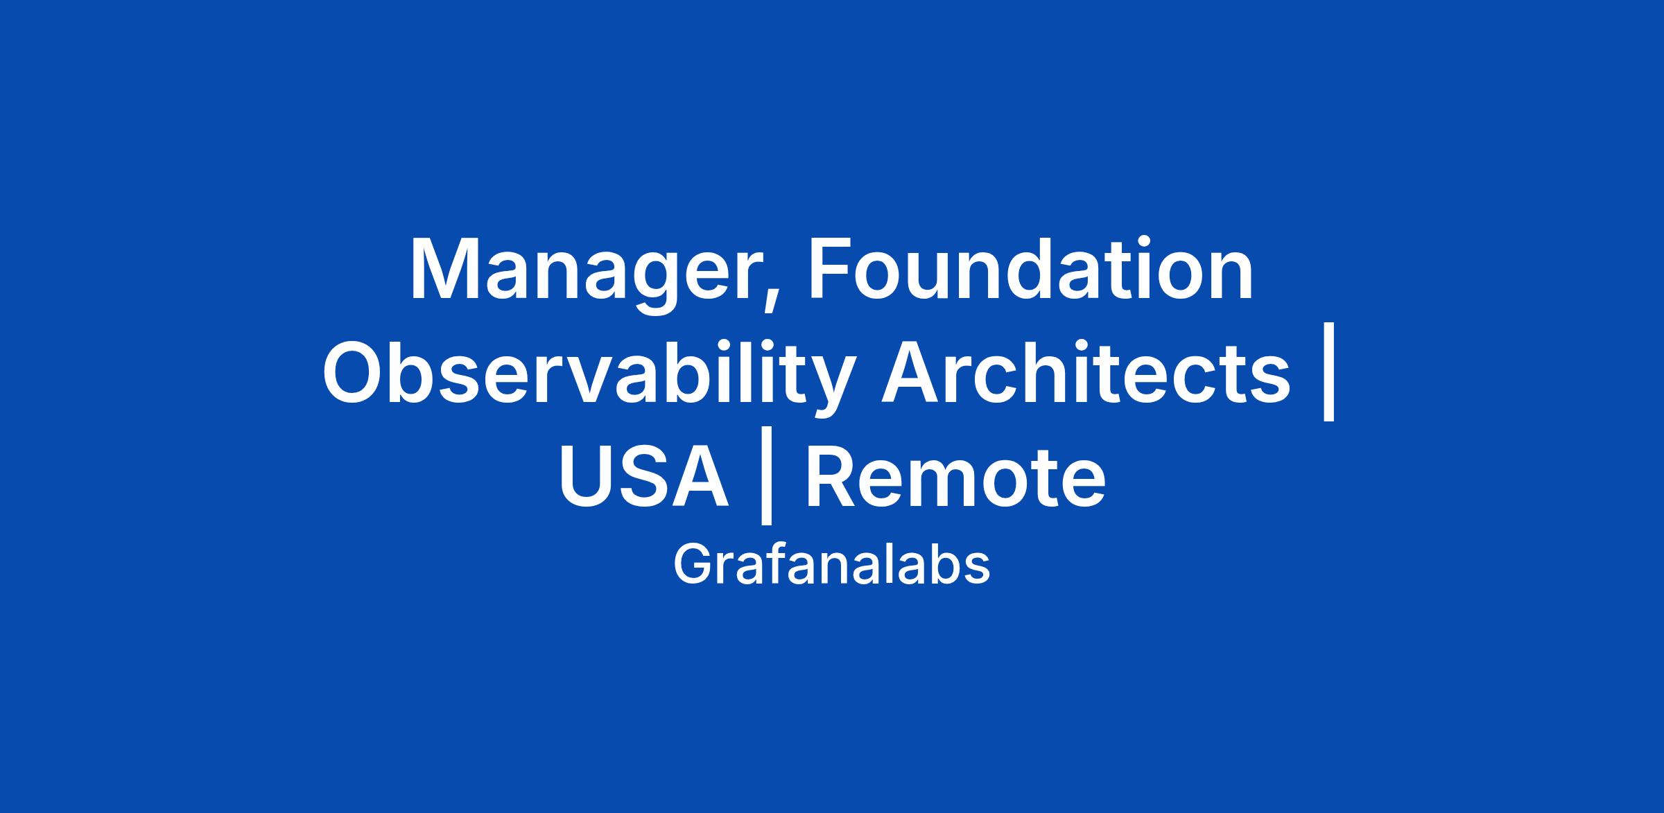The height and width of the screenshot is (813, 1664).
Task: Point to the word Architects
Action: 1086,371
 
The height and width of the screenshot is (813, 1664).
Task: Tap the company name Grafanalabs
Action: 831,565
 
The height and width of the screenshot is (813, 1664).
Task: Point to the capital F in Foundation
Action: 830,268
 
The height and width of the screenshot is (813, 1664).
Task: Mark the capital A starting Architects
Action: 912,372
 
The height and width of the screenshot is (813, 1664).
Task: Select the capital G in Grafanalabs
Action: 693,565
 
